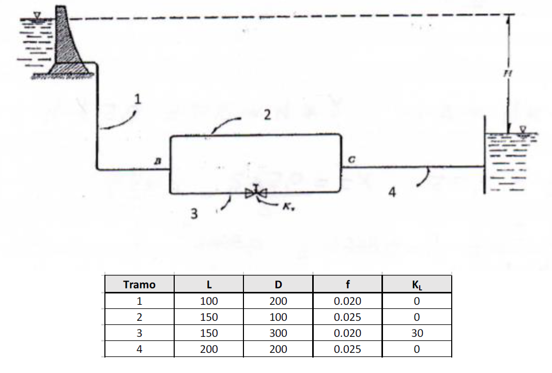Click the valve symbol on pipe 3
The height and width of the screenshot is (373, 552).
tap(256, 193)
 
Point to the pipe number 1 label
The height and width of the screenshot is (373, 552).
tap(137, 99)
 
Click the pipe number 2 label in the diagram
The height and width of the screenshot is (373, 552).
tap(267, 115)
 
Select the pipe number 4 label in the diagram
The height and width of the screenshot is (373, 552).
tap(392, 193)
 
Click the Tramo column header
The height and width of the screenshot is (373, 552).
tap(140, 285)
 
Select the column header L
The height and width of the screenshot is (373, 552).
tap(209, 285)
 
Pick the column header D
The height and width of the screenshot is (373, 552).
tap(278, 285)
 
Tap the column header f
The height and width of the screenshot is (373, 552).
tap(347, 285)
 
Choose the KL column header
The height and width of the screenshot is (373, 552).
tap(417, 285)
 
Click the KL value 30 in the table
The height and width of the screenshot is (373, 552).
tap(417, 333)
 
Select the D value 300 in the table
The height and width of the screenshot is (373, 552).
tap(278, 333)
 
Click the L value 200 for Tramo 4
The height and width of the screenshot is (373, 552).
tap(209, 349)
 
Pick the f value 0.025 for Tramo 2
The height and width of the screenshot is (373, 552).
tap(347, 317)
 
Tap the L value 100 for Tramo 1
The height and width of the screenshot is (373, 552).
tap(209, 301)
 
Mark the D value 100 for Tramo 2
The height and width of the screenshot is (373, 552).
tap(278, 317)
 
